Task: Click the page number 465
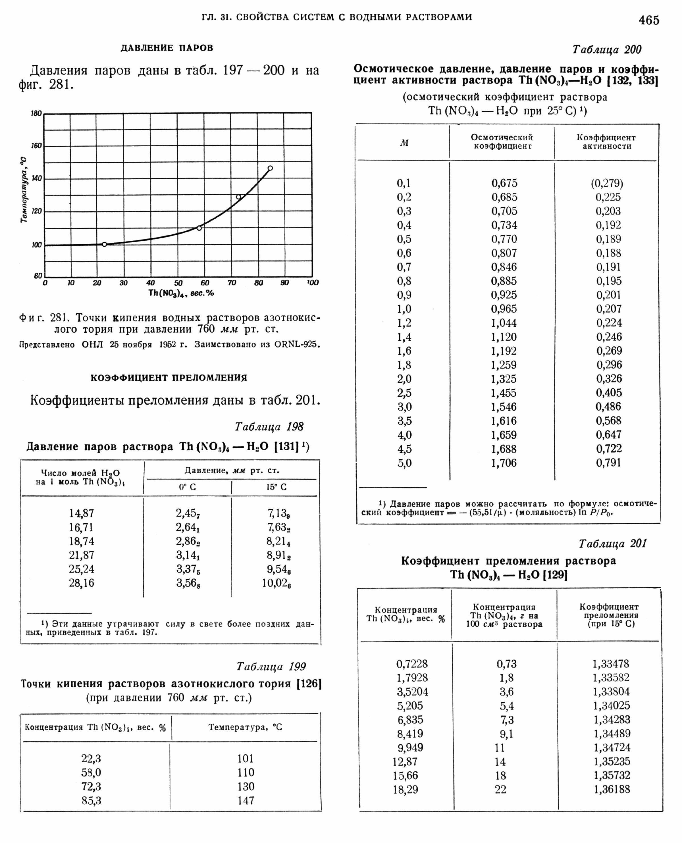(x=649, y=20)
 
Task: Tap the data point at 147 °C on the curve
(x=270, y=168)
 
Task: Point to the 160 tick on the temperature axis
(x=36, y=146)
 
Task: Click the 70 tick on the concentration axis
(x=232, y=283)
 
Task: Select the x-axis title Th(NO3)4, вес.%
(x=181, y=293)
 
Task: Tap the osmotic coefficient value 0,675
(x=504, y=183)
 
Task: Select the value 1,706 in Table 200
(x=504, y=463)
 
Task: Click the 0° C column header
(x=187, y=487)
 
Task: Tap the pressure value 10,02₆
(x=276, y=583)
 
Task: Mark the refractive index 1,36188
(x=612, y=789)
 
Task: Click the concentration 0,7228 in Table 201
(x=412, y=664)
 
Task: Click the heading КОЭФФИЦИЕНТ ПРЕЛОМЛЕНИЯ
(x=169, y=378)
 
